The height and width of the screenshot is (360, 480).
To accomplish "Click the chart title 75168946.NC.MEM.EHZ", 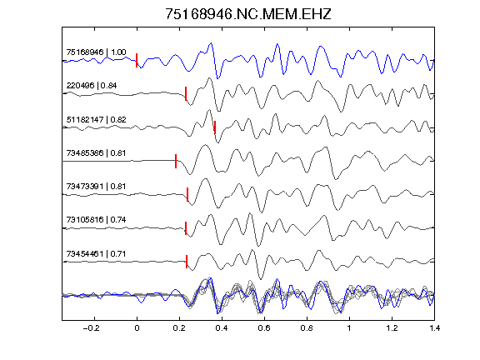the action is click(x=248, y=14).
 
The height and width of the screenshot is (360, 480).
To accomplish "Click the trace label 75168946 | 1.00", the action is click(x=96, y=52).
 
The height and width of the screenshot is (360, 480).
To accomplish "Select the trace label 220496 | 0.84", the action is click(x=92, y=86).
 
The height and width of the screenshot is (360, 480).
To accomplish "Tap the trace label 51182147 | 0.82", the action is click(x=96, y=120).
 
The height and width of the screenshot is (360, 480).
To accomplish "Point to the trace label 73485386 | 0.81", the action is click(x=96, y=153).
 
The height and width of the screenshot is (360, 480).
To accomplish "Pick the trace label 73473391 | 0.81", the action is click(x=96, y=187).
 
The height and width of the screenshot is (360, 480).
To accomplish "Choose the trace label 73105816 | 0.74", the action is click(x=96, y=220).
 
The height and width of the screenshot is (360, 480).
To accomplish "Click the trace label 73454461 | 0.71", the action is click(x=96, y=254).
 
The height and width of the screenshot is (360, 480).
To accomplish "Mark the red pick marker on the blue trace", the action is click(x=137, y=60).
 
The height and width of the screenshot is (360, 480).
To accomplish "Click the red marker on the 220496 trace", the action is click(x=186, y=93).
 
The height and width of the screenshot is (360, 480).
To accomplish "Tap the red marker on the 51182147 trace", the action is click(x=215, y=127).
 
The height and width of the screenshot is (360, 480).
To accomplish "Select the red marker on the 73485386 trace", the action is click(x=176, y=161).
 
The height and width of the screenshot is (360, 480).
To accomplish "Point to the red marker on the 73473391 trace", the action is click(x=187, y=194).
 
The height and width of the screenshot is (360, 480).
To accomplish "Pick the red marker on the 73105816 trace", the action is click(x=186, y=228).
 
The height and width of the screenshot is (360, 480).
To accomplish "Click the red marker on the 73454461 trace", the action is click(x=187, y=262).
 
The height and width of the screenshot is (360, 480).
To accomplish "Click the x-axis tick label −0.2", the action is click(x=92, y=328).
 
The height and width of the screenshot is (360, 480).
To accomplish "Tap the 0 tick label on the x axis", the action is click(x=137, y=328).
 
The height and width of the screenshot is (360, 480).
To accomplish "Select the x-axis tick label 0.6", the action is click(x=264, y=328).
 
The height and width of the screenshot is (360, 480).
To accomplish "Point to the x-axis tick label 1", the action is click(x=349, y=328).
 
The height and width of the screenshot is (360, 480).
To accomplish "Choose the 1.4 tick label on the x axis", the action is click(x=434, y=328).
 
